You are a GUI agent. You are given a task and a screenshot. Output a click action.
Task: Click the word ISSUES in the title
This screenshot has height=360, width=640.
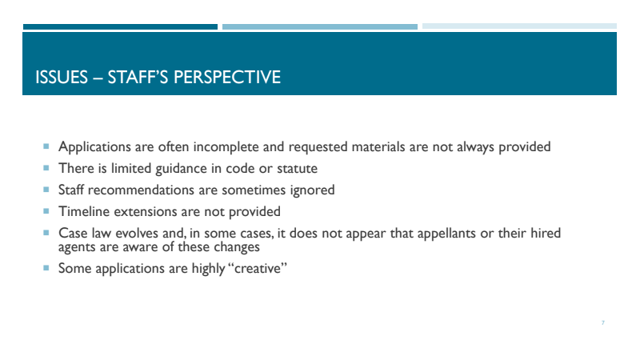tap(62, 77)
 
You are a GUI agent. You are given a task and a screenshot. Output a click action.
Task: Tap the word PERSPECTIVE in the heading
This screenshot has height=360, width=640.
tap(227, 77)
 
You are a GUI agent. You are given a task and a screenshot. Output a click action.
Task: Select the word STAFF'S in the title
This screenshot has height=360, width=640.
tap(138, 77)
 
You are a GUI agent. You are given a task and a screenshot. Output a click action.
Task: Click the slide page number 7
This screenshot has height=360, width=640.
tap(603, 323)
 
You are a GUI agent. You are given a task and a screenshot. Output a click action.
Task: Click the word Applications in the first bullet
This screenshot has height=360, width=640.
tap(94, 147)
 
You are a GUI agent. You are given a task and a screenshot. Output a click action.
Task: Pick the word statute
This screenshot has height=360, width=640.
tap(297, 169)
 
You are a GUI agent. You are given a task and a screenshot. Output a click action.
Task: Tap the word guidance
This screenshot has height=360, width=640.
tap(182, 169)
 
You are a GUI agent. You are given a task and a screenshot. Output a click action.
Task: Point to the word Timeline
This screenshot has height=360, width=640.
tap(84, 211)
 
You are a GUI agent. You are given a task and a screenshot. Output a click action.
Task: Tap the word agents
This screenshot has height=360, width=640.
tap(77, 247)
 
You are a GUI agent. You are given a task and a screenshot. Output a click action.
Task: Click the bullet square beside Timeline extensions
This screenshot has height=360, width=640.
tap(46, 211)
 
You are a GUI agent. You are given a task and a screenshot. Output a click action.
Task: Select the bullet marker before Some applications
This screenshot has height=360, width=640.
tap(46, 268)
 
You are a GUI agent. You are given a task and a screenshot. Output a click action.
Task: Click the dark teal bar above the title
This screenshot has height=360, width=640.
tap(120, 27)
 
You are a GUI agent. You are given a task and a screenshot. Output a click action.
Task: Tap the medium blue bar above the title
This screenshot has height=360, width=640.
tap(320, 27)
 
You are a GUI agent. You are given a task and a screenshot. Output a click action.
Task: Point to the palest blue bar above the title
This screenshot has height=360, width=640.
tap(519, 26)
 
